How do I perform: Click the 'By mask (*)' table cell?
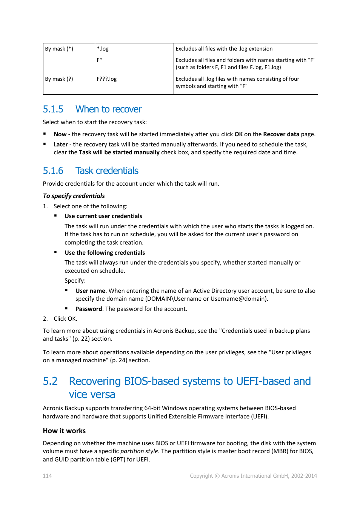(59, 49)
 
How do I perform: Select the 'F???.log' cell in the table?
(107, 79)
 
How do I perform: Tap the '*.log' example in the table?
(103, 49)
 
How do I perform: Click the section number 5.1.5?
(53, 109)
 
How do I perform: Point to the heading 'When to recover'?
(108, 109)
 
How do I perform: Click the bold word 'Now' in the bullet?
(60, 134)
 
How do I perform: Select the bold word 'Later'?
(61, 145)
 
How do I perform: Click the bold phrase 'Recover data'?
(281, 134)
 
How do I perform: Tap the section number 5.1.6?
(53, 171)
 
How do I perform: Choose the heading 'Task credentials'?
(107, 171)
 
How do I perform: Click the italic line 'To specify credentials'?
(74, 196)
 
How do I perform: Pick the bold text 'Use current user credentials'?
(103, 216)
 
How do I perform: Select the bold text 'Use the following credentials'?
(105, 253)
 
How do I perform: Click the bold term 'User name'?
(90, 291)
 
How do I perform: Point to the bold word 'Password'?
(89, 309)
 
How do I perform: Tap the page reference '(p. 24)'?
(118, 360)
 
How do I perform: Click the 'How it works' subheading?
(64, 431)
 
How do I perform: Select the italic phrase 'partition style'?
(139, 451)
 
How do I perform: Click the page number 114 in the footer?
(47, 476)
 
